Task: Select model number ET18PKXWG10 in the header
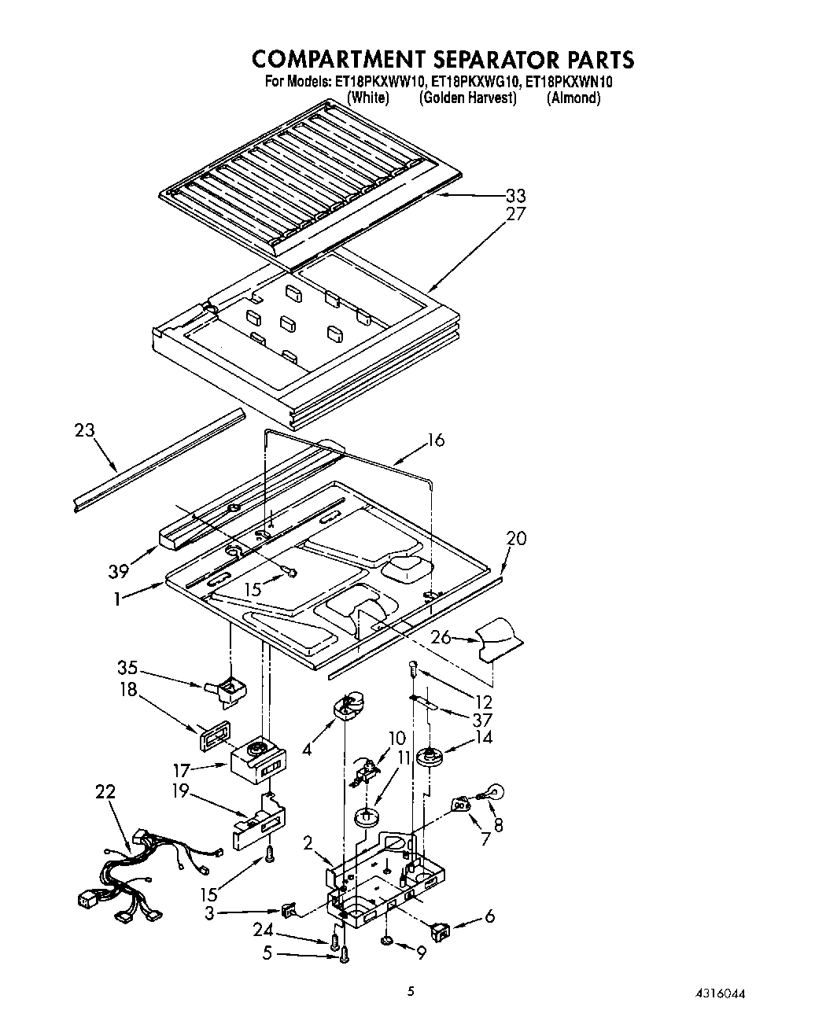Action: click(x=474, y=82)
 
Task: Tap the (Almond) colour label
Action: click(x=573, y=98)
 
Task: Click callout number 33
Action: click(x=515, y=196)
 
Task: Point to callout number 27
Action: click(x=515, y=213)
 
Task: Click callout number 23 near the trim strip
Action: click(x=85, y=430)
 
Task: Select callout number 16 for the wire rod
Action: click(x=434, y=440)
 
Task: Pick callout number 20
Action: click(x=516, y=539)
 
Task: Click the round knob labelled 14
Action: click(x=430, y=757)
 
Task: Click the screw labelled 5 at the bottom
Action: click(x=344, y=955)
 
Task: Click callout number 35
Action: click(x=127, y=669)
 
